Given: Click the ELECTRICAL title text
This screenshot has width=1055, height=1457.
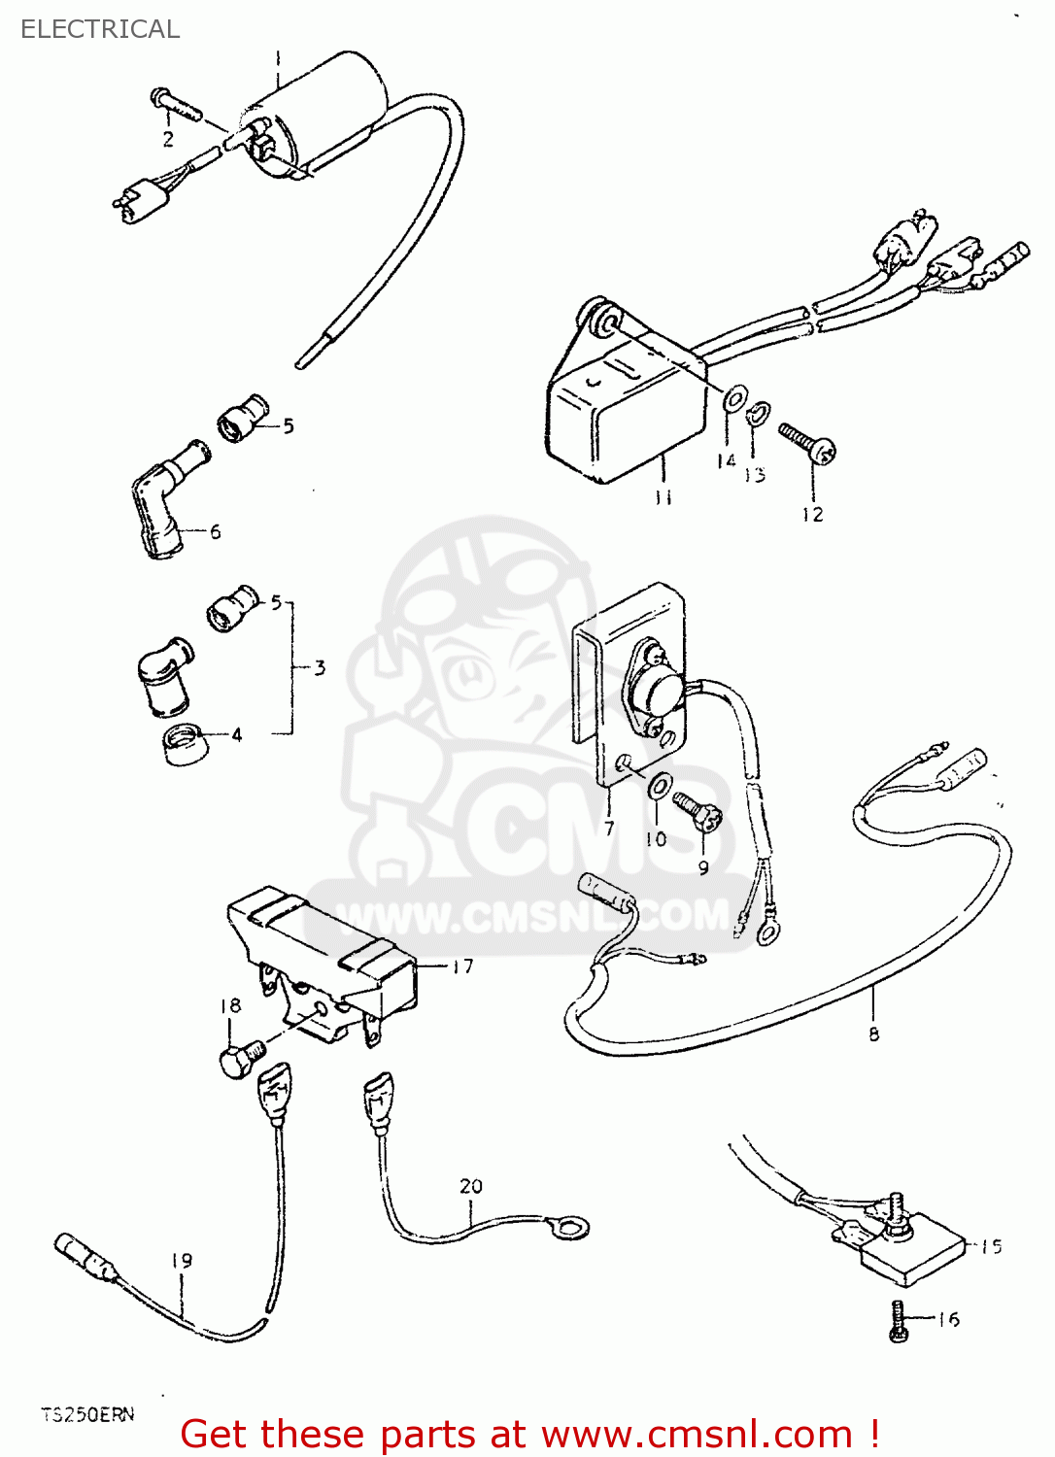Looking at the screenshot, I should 100,29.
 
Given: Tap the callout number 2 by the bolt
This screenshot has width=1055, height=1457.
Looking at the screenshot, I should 168,139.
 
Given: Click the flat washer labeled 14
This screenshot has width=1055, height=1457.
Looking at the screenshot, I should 734,396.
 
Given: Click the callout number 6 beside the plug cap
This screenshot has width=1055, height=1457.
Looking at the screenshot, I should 215,531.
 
